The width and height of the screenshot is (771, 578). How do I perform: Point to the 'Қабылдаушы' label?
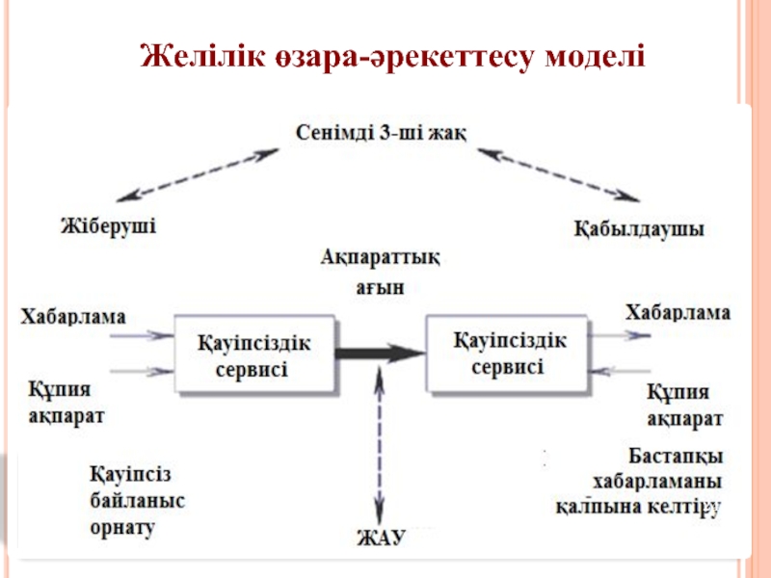639,230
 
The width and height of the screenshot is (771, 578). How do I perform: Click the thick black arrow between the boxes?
381,354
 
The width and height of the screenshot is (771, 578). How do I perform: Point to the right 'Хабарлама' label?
678,312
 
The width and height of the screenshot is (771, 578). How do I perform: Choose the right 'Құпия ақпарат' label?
684,406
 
